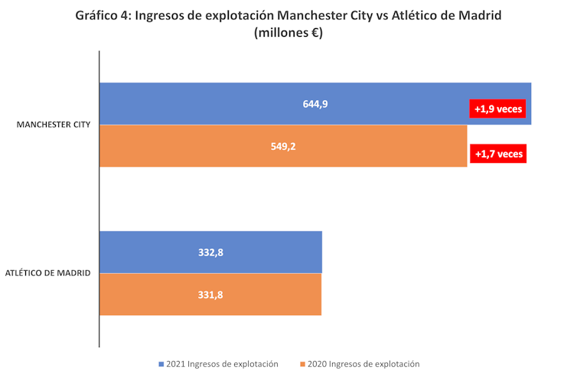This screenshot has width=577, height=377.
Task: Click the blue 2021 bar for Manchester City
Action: coord(230,103)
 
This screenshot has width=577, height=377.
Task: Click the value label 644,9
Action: coord(315,104)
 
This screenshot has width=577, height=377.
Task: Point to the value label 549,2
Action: coord(283,145)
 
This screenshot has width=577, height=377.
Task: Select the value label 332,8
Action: coord(210,252)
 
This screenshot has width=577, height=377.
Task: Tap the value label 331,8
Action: coord(210,294)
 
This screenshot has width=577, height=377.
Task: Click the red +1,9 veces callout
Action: coord(498,109)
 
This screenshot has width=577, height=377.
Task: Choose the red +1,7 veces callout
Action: coord(499,154)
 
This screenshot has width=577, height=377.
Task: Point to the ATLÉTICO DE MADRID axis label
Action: coord(47,273)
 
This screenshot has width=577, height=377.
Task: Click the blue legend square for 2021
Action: coord(161,364)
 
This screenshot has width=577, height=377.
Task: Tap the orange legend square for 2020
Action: coord(303,364)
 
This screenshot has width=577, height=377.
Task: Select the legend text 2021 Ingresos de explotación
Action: coord(222,364)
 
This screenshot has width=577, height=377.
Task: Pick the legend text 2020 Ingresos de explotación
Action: coord(363,364)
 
